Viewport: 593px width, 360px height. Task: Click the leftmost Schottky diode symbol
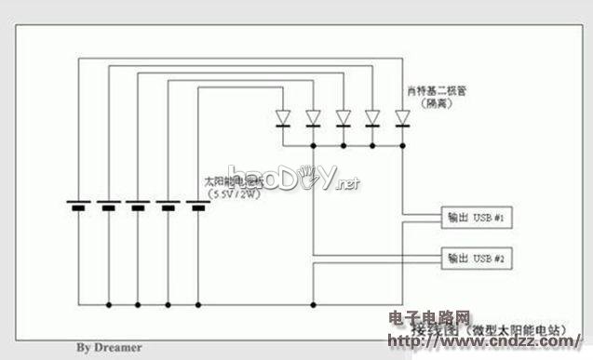[283, 117]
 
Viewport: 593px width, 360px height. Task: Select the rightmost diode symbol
[402, 117]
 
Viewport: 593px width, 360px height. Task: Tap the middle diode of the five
[343, 117]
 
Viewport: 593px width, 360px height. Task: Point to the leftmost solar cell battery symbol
[78, 205]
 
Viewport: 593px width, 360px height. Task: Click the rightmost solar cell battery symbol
[197, 205]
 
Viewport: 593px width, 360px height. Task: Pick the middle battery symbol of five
[138, 205]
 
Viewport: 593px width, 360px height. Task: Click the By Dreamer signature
[109, 347]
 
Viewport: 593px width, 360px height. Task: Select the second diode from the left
[313, 117]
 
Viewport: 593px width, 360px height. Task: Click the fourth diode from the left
[372, 117]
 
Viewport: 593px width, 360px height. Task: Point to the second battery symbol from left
[108, 205]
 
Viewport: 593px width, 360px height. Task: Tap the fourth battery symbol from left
[168, 205]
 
